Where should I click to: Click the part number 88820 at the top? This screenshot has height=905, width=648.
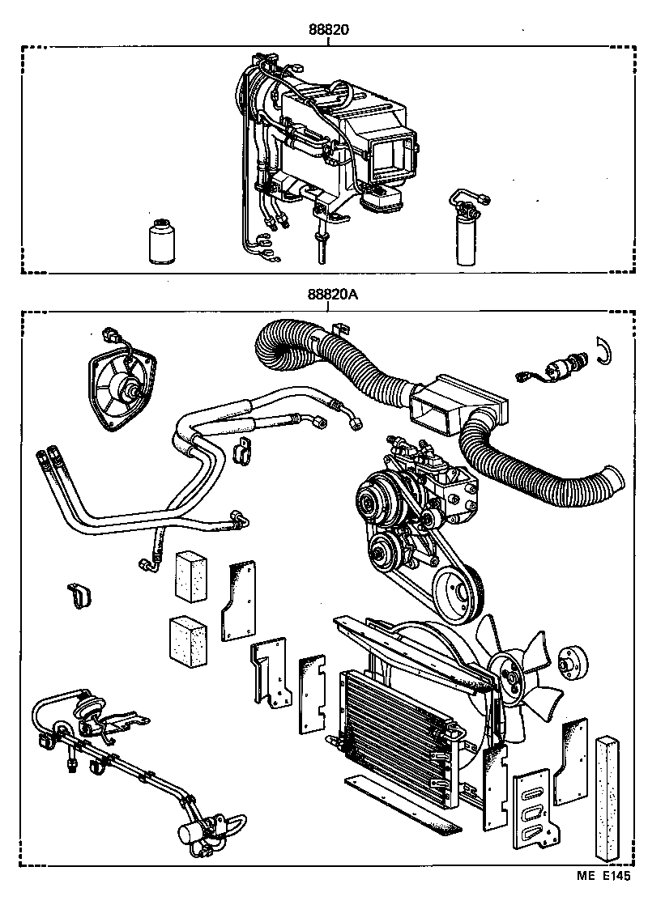coord(328,30)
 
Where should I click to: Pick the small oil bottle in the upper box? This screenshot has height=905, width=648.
coord(163,240)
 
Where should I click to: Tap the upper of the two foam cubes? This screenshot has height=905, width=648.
coord(192,577)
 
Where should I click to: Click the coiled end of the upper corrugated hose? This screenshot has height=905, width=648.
coord(279,346)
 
